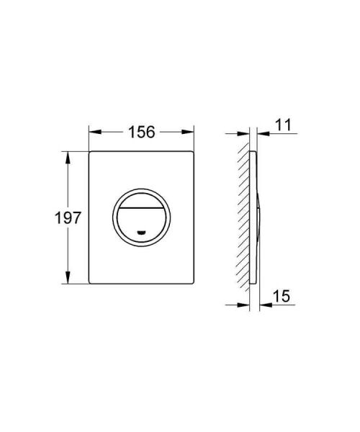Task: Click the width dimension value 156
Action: pyautogui.click(x=141, y=133)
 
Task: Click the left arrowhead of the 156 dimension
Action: pyautogui.click(x=93, y=133)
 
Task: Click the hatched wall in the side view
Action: pyautogui.click(x=243, y=216)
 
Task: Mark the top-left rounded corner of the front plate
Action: pyautogui.click(x=91, y=153)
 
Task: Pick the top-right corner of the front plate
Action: pyautogui.click(x=193, y=153)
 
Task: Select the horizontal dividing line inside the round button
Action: pyautogui.click(x=141, y=205)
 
